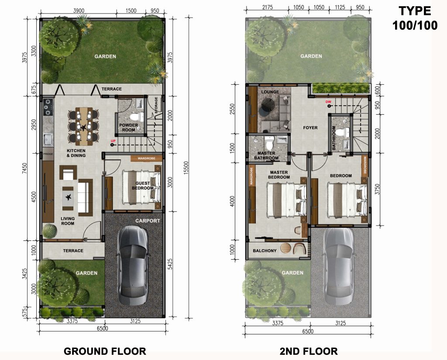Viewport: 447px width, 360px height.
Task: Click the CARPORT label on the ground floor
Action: [148, 221]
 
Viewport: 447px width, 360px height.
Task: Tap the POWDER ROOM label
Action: [129, 127]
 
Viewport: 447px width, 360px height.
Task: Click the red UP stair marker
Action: [113, 141]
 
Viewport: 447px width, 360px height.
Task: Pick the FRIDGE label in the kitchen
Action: [47, 154]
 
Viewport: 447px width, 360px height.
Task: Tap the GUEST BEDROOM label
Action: [144, 186]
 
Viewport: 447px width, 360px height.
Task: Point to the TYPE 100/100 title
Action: [414, 18]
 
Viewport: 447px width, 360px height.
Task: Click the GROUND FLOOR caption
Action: [105, 351]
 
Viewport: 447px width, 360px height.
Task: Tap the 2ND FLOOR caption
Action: [309, 351]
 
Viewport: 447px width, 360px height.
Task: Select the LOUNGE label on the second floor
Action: [270, 93]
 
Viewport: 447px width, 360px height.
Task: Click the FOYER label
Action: [310, 128]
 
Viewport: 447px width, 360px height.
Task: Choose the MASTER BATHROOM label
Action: [266, 156]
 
